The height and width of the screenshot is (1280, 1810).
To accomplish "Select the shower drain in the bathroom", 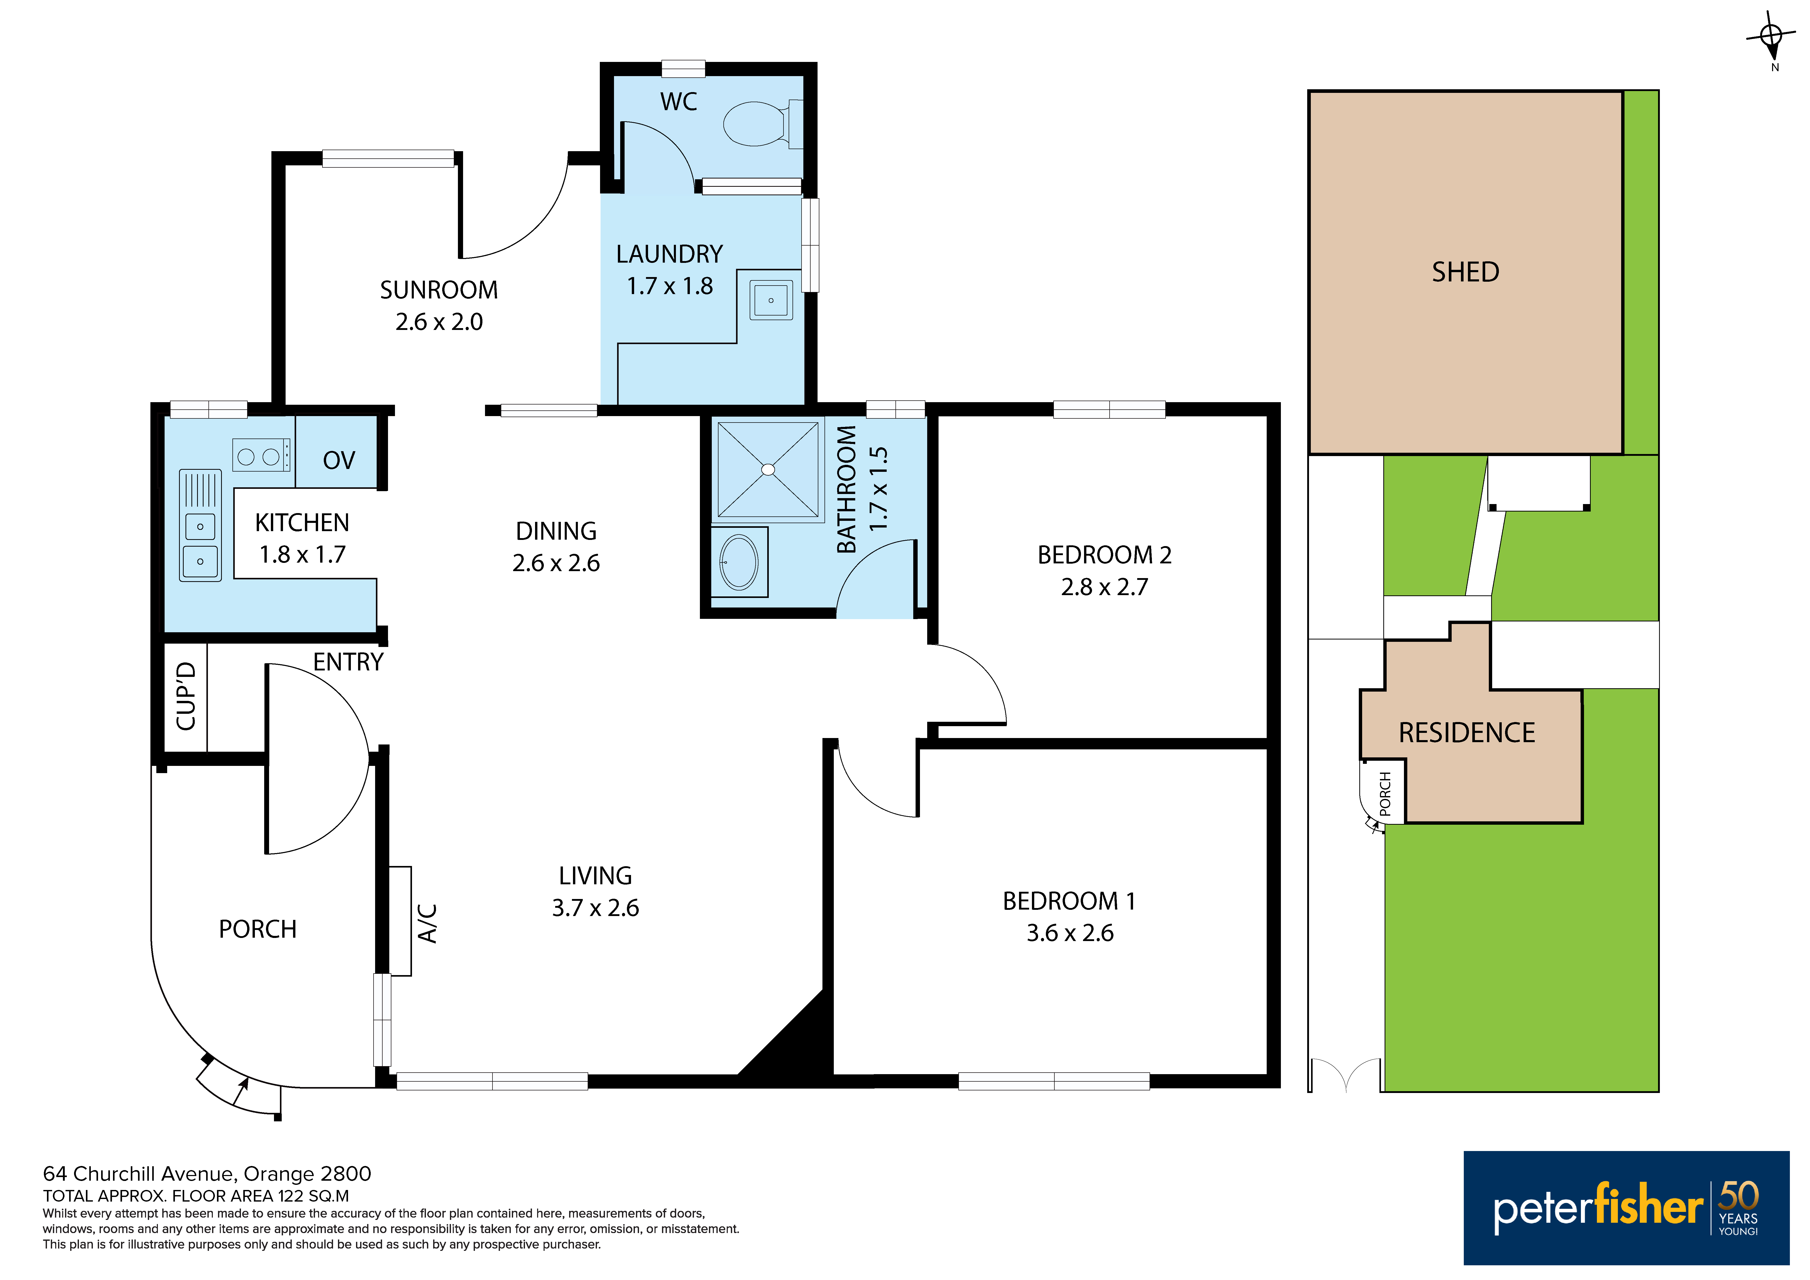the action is [x=768, y=470].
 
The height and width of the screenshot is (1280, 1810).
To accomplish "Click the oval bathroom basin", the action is [x=739, y=562].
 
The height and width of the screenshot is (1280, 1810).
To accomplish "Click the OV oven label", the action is [x=339, y=460].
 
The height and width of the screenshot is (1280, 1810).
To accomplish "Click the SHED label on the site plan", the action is [x=1466, y=272].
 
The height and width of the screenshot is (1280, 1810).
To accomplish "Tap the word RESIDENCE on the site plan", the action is [x=1466, y=733].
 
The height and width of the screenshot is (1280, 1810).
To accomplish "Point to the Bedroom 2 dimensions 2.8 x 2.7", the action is [x=1104, y=587].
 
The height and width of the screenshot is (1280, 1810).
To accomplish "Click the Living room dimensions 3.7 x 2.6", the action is [x=595, y=908].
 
